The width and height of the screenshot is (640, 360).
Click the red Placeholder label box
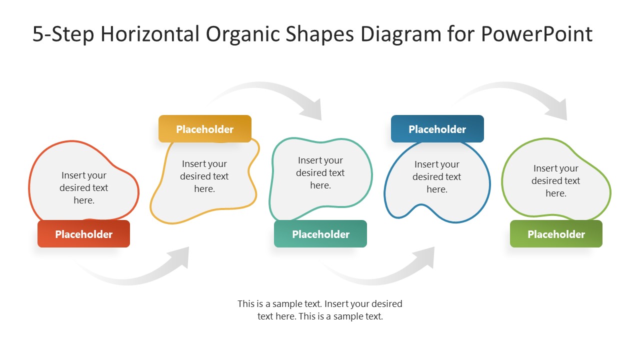tap(83, 234)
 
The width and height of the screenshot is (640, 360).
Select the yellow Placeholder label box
tap(204, 129)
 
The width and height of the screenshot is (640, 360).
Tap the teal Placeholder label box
tap(320, 234)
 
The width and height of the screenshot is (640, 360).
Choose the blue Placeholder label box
tap(437, 129)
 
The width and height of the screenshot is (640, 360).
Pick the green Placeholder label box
tap(556, 234)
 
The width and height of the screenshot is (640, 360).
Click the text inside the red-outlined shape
tap(84, 187)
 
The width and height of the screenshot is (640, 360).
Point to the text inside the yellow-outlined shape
tap(204, 176)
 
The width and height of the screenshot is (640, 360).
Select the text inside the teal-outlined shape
tap(320, 172)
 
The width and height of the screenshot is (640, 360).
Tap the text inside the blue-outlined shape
tap(436, 176)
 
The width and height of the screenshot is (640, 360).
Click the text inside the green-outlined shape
tap(555, 180)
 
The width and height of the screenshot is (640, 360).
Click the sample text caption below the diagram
tap(320, 310)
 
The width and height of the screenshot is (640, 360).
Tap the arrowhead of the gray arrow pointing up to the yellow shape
tap(180, 257)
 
